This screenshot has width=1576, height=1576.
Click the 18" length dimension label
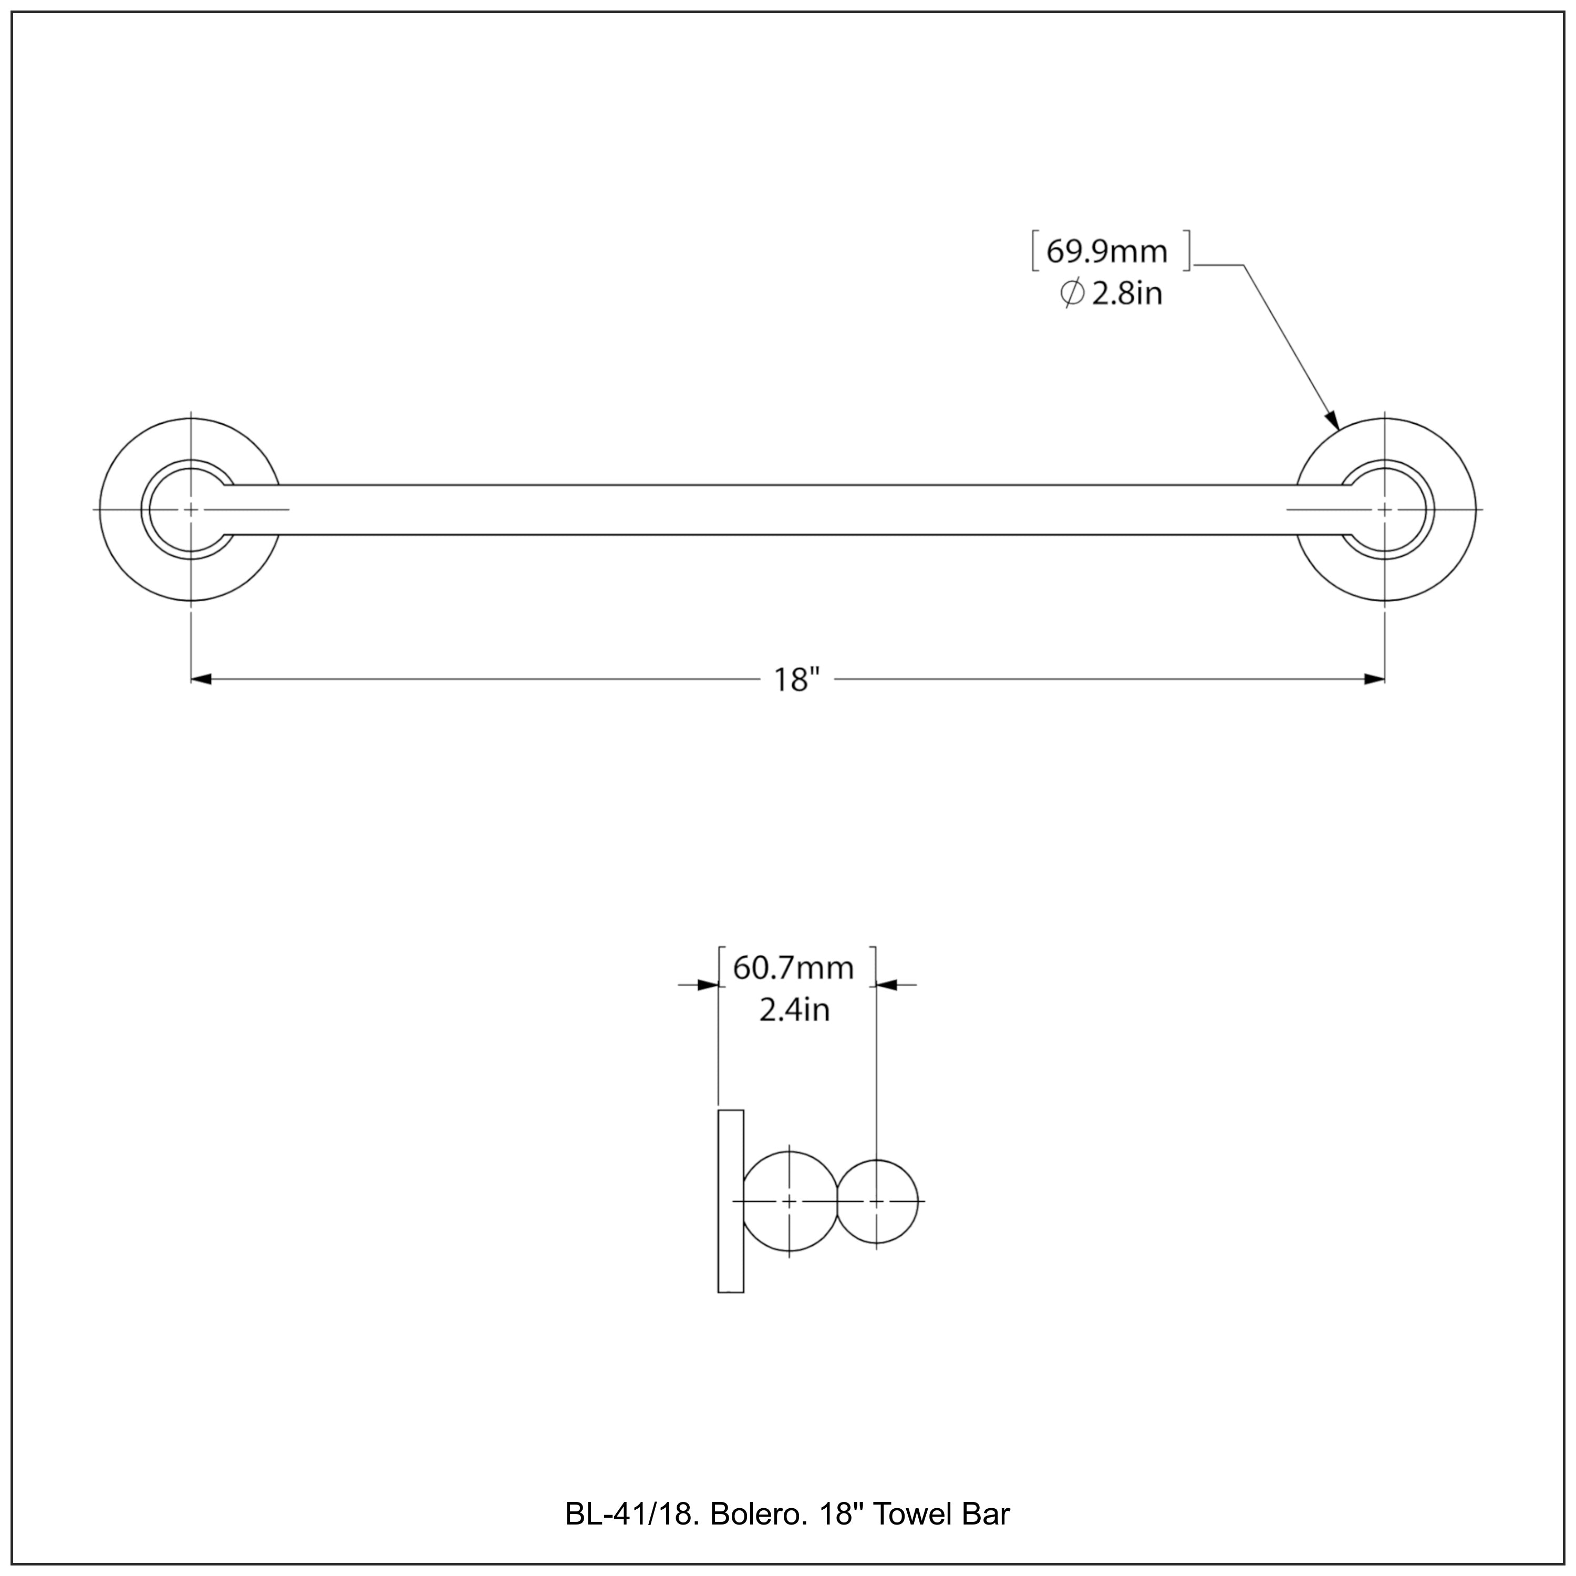pyautogui.click(x=795, y=679)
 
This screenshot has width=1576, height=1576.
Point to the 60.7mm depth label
pyautogui.click(x=793, y=968)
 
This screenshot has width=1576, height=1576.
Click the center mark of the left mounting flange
pyautogui.click(x=191, y=510)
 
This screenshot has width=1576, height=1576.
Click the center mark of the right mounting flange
pyautogui.click(x=1384, y=510)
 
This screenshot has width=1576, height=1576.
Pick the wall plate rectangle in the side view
pyautogui.click(x=730, y=1201)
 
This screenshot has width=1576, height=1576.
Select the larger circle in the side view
pyautogui.click(x=789, y=1201)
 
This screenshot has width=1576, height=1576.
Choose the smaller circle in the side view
pyautogui.click(x=876, y=1201)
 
